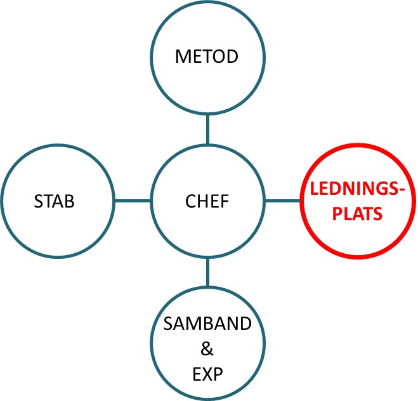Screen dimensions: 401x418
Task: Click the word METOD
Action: tap(207, 56)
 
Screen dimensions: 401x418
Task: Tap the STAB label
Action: tap(54, 202)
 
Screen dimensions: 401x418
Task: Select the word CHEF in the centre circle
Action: tap(207, 202)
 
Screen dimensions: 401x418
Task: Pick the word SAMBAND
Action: tap(207, 323)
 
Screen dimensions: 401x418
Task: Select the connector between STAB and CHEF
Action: tap(131, 201)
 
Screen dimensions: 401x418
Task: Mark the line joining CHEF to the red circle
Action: tap(283, 201)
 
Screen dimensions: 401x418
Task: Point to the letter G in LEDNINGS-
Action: tap(378, 190)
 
